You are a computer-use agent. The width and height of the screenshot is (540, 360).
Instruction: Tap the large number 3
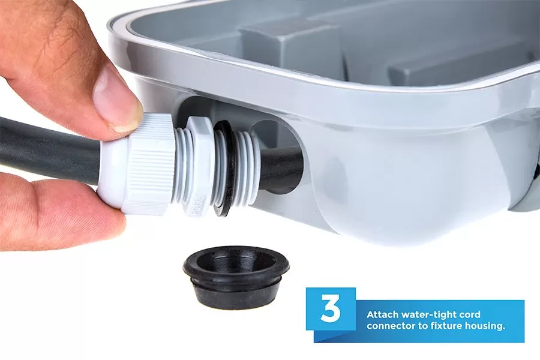330,308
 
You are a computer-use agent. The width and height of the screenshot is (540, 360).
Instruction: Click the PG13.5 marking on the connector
197,208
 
